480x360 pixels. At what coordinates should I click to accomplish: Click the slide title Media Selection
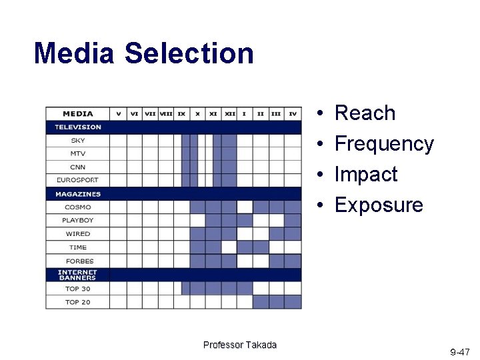(x=143, y=53)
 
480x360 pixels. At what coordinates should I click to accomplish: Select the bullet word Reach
(x=365, y=113)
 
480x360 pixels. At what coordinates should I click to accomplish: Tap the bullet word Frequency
(x=384, y=144)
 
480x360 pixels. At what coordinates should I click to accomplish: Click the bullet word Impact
(x=366, y=175)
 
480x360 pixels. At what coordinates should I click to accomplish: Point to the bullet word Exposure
(x=379, y=205)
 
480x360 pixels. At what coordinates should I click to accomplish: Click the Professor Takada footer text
(x=240, y=345)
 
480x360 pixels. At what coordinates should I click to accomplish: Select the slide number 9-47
(x=460, y=351)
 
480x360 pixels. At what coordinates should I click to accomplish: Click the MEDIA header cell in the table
(x=78, y=113)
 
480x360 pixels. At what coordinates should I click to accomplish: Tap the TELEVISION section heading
(x=78, y=127)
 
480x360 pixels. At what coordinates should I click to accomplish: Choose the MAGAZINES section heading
(x=78, y=194)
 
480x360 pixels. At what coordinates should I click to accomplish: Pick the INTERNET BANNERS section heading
(x=78, y=275)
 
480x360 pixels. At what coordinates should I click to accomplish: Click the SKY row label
(x=78, y=141)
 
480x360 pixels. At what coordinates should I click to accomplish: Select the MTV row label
(x=78, y=154)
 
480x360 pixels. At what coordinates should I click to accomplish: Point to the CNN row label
(x=78, y=167)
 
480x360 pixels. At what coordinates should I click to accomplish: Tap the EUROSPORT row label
(x=78, y=180)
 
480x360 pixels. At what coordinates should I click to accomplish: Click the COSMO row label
(x=78, y=207)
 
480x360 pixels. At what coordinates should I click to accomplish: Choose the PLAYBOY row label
(x=78, y=220)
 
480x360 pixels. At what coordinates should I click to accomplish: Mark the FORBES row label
(x=78, y=261)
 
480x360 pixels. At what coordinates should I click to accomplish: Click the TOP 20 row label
(x=78, y=302)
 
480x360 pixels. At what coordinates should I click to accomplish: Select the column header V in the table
(x=118, y=113)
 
